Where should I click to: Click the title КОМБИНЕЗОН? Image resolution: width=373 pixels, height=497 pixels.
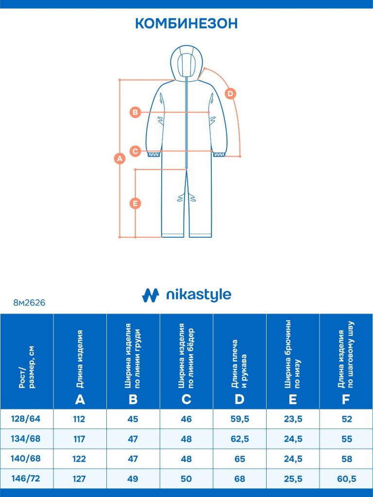click(186, 23)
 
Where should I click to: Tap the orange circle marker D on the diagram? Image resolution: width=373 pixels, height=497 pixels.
click(230, 94)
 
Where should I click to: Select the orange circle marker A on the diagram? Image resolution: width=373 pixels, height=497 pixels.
click(119, 158)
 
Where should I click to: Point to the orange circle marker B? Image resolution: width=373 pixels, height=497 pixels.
click(135, 112)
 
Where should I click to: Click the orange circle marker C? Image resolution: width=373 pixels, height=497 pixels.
click(135, 151)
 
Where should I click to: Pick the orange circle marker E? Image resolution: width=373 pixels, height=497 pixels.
click(135, 203)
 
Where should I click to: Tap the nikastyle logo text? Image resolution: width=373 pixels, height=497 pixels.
click(199, 295)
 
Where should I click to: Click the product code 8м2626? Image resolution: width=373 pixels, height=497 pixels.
click(29, 303)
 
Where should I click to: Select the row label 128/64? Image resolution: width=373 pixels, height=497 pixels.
click(26, 419)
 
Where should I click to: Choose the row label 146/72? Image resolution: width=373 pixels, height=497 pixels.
click(26, 478)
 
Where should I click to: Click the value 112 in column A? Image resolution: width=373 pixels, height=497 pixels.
click(79, 419)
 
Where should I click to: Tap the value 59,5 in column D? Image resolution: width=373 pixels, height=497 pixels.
click(240, 419)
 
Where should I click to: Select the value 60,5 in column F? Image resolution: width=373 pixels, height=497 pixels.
click(347, 479)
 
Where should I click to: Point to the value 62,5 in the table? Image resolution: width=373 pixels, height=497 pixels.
click(240, 439)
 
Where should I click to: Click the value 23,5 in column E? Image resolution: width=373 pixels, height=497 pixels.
click(293, 419)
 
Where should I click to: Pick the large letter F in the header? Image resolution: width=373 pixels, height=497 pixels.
click(346, 399)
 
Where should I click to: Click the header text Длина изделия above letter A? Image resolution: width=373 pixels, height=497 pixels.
click(80, 359)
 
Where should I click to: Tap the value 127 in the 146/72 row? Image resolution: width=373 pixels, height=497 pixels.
click(79, 479)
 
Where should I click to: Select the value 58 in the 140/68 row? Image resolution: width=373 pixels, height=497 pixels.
click(347, 459)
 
